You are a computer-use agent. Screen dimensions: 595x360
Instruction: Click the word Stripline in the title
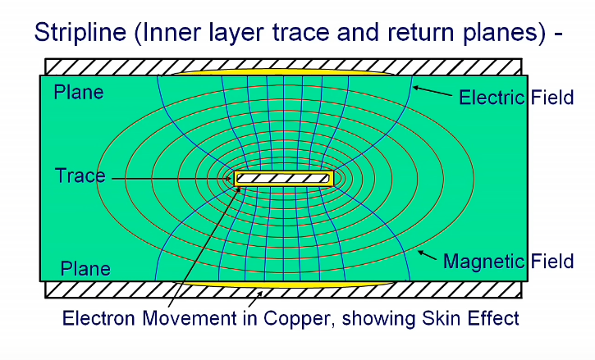click(x=80, y=32)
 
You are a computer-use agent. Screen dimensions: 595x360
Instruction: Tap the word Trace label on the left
click(x=80, y=175)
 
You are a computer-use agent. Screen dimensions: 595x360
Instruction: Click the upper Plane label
click(x=79, y=92)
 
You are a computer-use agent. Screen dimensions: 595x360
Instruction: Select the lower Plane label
click(x=85, y=269)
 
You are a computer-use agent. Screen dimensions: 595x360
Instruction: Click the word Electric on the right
click(x=492, y=98)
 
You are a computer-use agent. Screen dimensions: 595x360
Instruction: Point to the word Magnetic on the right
click(x=484, y=262)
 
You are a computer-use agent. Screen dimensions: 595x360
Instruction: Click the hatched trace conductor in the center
click(x=283, y=178)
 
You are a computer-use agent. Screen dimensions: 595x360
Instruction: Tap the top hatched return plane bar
click(x=283, y=66)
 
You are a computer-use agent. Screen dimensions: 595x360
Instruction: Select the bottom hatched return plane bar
click(x=283, y=289)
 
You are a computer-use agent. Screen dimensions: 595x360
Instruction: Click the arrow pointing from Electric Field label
click(x=433, y=91)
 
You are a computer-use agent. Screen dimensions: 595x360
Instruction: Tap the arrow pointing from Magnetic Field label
click(x=427, y=255)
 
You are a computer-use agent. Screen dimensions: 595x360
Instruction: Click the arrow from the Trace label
click(x=172, y=179)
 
